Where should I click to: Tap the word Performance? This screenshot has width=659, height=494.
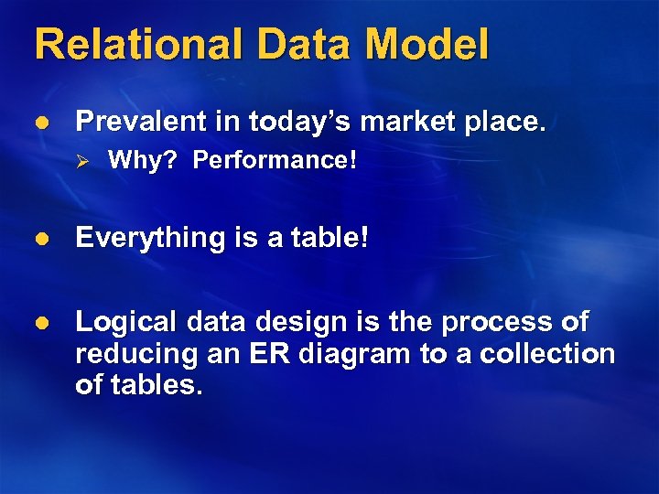pos(275,161)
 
